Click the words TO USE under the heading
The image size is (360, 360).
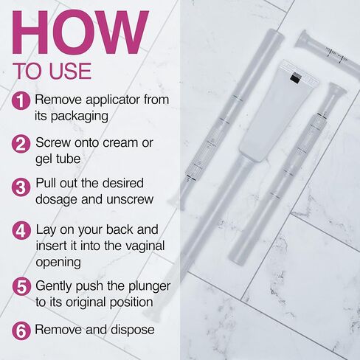[52, 72]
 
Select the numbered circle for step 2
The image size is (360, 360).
[22, 142]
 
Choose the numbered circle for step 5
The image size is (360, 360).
[22, 287]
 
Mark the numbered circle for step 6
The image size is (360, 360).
[22, 330]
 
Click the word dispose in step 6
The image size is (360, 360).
[131, 329]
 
